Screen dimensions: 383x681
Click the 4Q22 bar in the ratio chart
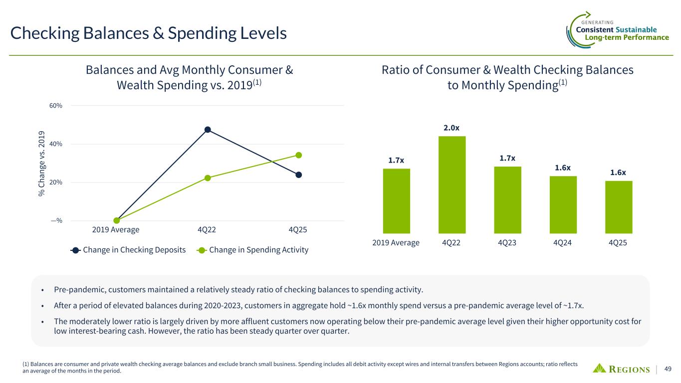click(452, 185)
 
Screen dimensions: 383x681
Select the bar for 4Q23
click(507, 199)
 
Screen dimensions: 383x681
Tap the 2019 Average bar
click(396, 200)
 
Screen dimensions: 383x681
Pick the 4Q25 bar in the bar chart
click(619, 206)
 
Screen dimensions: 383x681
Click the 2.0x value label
click(452, 128)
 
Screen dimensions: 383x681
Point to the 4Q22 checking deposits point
click(208, 130)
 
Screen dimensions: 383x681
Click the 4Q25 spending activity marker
click(298, 155)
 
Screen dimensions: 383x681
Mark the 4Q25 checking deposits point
click(298, 175)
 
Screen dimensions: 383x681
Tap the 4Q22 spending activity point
click(208, 178)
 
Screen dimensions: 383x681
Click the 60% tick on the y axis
click(56, 106)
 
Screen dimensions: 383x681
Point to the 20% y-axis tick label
click(56, 183)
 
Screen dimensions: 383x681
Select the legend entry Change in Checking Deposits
click(128, 250)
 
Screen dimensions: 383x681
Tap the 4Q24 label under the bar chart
click(563, 242)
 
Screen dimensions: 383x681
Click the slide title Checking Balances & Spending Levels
click(149, 33)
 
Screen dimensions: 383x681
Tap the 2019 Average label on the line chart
click(116, 230)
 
